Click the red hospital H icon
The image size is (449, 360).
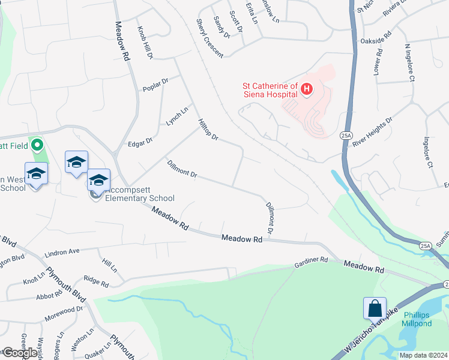point(307,90)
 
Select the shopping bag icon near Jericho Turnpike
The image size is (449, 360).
point(375,308)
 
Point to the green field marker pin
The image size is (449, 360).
point(37,145)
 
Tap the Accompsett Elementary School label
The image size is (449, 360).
point(140,194)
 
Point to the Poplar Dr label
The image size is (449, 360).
point(155,85)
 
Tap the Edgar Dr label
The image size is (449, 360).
point(140,142)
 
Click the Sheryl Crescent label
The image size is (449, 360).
point(209,38)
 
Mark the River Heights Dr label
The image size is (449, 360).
point(372,131)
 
